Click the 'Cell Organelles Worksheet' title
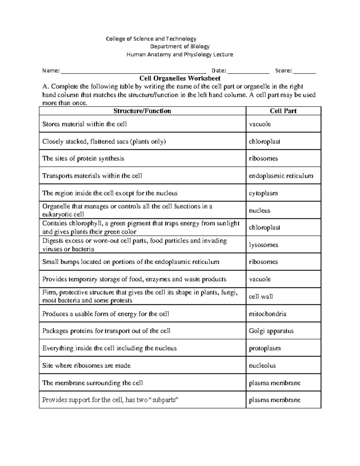(180, 79)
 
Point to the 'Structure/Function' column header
(142, 111)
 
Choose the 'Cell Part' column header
(283, 111)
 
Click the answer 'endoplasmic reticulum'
(281, 176)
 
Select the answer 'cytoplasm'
(263, 193)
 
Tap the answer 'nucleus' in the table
(259, 211)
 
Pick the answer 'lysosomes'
(263, 245)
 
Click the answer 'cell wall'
(261, 297)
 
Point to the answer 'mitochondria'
(268, 314)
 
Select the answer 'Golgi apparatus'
(271, 331)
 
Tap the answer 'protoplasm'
(265, 348)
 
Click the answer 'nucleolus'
(262, 366)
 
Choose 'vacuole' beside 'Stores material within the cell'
(260, 124)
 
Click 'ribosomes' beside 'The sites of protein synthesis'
(263, 158)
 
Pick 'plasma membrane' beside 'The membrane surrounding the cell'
(274, 383)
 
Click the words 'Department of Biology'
(180, 47)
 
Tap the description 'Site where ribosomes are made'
(86, 366)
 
